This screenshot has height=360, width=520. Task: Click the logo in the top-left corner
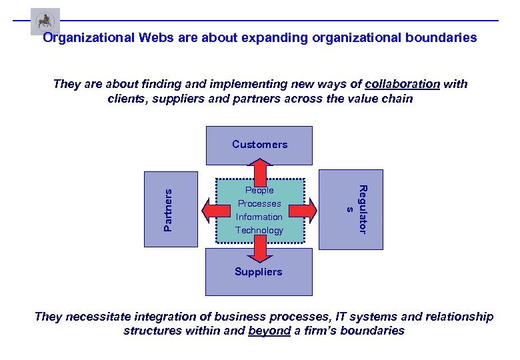(x=45, y=21)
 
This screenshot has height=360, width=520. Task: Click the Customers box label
(x=259, y=144)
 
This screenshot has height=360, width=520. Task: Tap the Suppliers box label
(x=258, y=271)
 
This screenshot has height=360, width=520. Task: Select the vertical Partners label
(x=168, y=209)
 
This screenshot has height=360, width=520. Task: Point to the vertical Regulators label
(x=356, y=209)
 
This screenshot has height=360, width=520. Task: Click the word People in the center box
(x=259, y=190)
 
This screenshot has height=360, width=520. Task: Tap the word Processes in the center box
(x=259, y=203)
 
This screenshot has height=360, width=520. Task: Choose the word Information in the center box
(x=259, y=217)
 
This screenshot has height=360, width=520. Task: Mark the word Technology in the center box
(x=259, y=230)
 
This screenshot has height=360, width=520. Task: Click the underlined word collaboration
(x=402, y=84)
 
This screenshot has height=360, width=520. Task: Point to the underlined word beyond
(x=269, y=331)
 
